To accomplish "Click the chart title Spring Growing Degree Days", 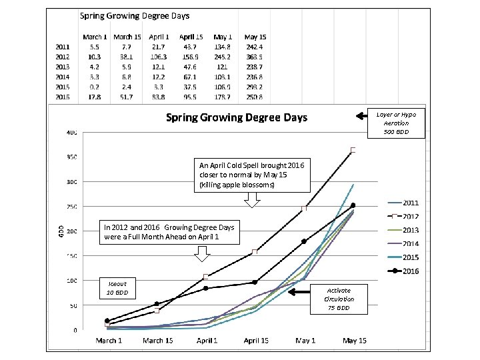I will (237, 117).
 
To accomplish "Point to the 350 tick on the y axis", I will (70, 157).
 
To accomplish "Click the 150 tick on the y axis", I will (70, 256).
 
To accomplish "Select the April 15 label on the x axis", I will (256, 341).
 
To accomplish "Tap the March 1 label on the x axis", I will (109, 341).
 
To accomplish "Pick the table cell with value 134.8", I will (222, 47).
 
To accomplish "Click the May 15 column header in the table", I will (255, 37).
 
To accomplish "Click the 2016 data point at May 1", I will (304, 241).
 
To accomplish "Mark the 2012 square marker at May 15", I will (353, 150).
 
